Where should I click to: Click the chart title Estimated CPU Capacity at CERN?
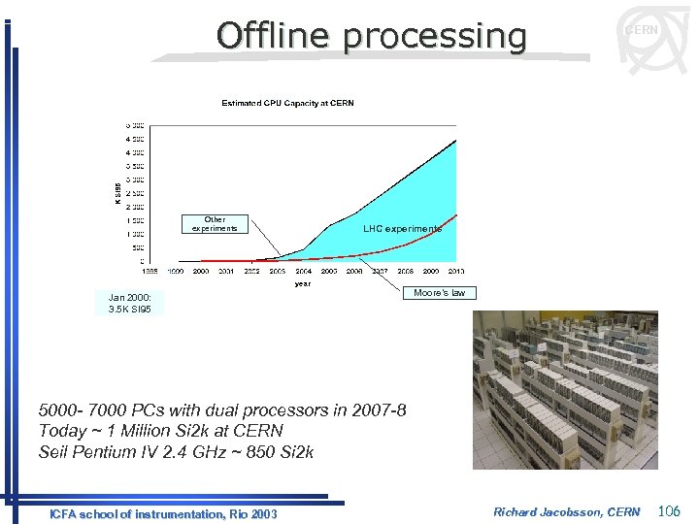point(287,103)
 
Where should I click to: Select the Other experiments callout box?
point(215,224)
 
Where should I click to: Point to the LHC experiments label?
point(402,229)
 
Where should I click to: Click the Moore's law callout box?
point(440,292)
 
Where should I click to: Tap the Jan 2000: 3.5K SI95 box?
point(130,303)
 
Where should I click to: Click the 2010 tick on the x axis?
point(455,272)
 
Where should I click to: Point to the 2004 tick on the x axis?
point(303,272)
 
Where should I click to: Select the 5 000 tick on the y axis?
point(135,125)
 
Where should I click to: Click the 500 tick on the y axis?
point(139,247)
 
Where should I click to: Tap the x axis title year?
point(303,284)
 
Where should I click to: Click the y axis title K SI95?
point(118,191)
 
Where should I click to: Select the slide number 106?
point(670,510)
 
